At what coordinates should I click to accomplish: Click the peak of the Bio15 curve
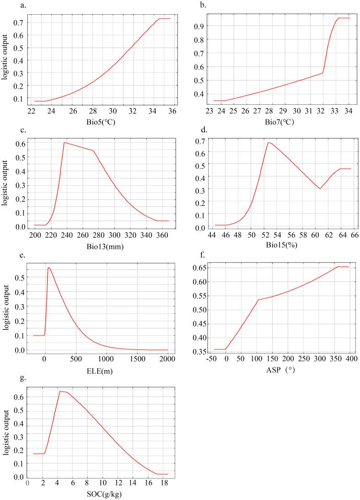pos(268,143)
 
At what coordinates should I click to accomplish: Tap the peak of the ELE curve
pos(48,268)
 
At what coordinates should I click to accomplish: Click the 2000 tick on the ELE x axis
pos(168,359)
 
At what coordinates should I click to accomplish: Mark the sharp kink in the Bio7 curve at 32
pos(323,73)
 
